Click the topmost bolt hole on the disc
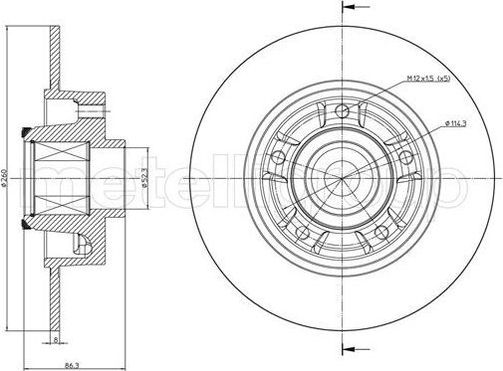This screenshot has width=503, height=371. coord(344,111)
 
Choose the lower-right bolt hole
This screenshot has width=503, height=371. coord(381,231)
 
